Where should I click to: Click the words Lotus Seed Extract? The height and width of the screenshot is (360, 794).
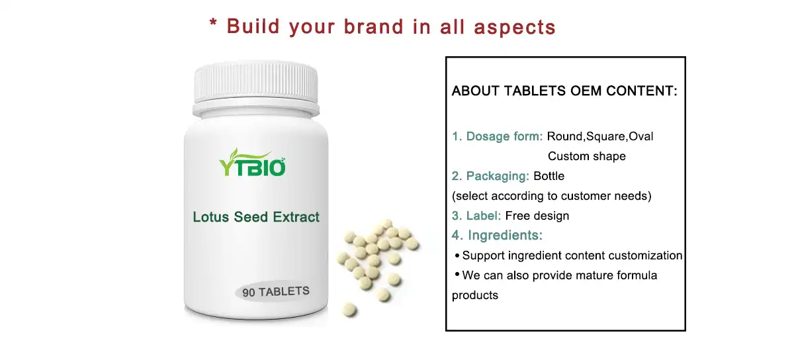(256, 217)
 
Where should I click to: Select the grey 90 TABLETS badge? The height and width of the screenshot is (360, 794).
(275, 292)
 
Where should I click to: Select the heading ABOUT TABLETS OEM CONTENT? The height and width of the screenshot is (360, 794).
(564, 91)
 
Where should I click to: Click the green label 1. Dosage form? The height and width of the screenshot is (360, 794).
(498, 137)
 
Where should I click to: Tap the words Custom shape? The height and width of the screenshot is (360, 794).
(586, 157)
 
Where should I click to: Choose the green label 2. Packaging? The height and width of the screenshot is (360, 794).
(490, 177)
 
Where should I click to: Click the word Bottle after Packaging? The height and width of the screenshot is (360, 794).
(549, 177)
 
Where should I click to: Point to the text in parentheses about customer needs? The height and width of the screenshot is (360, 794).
(551, 197)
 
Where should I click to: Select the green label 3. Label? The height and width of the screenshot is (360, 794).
(476, 216)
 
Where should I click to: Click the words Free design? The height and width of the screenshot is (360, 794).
(537, 216)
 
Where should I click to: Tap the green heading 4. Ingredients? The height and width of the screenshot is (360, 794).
(497, 236)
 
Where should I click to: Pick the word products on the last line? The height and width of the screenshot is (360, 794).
(474, 295)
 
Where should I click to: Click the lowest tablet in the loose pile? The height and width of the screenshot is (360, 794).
(350, 309)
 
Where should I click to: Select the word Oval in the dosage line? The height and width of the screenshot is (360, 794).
(640, 137)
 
